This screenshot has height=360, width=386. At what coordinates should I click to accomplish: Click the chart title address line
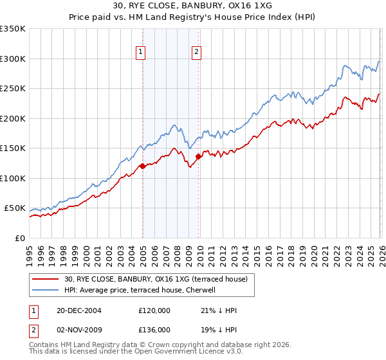click(x=193, y=6)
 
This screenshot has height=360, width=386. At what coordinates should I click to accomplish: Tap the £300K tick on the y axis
click(x=13, y=59)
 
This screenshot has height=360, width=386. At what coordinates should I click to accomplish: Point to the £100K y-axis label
click(x=13, y=178)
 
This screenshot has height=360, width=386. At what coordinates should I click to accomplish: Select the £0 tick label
click(x=19, y=238)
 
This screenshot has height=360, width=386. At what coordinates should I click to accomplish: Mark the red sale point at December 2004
click(x=142, y=166)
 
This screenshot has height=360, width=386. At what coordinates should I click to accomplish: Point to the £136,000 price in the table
click(x=154, y=329)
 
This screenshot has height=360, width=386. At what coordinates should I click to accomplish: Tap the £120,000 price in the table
click(x=154, y=310)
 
